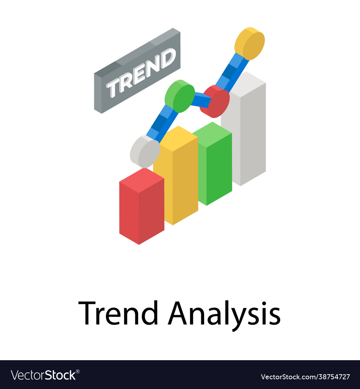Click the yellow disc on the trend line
pos(249,43)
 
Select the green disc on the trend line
pos(180,96)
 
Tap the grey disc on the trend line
pos(145,151)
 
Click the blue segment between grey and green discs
pos(162,122)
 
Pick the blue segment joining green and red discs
pos(200,99)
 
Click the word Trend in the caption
pos(118,313)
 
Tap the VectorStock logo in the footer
pos(45,375)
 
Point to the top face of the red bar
pos(141,179)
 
